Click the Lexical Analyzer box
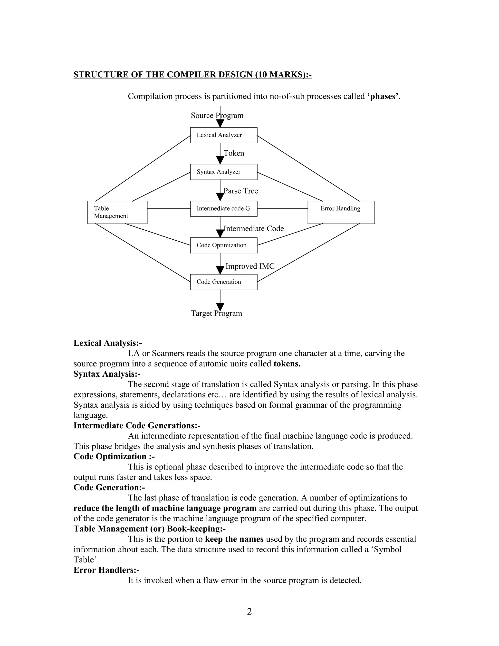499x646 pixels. click(x=223, y=135)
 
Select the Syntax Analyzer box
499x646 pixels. click(x=223, y=172)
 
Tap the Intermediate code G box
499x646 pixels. click(x=223, y=208)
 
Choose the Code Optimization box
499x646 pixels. click(x=223, y=245)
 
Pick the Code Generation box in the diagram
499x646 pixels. click(x=223, y=282)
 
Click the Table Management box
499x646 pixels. click(x=117, y=212)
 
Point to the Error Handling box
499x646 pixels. click(x=341, y=212)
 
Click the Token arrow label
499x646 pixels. click(x=234, y=153)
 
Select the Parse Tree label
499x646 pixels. click(x=241, y=191)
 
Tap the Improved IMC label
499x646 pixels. click(x=250, y=266)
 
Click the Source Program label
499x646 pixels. click(x=217, y=115)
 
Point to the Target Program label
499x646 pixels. click(x=216, y=313)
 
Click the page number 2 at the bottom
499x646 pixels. click(x=249, y=611)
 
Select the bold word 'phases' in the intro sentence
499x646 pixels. click(x=383, y=97)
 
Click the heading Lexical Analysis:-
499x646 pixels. click(x=108, y=343)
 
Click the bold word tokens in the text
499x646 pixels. click(x=287, y=363)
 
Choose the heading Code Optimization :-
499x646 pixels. click(x=114, y=456)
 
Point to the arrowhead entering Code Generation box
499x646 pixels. click(x=220, y=270)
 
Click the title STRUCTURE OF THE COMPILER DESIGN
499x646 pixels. click(x=192, y=75)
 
